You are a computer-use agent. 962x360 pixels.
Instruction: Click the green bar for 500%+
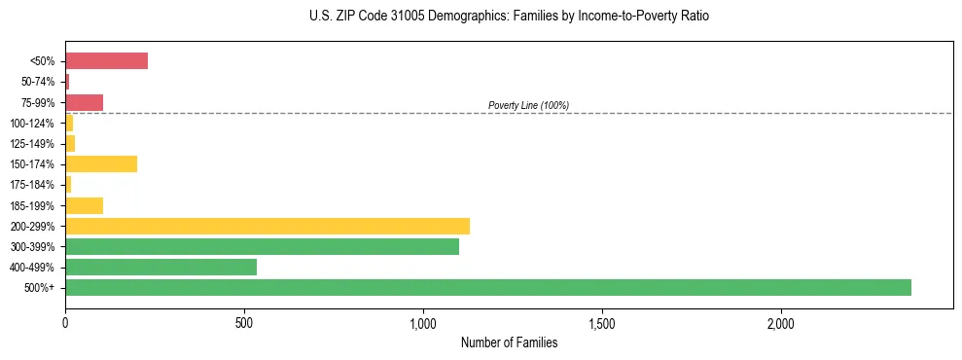pyautogui.click(x=487, y=287)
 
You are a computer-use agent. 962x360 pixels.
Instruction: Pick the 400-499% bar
pyautogui.click(x=160, y=267)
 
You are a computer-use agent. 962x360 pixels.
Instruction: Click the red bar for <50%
pyautogui.click(x=106, y=60)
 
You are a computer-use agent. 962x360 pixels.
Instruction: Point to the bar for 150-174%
pyautogui.click(x=101, y=163)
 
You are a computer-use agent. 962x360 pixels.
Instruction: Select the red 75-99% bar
pyautogui.click(x=84, y=102)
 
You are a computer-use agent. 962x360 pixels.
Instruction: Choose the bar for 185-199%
pyautogui.click(x=84, y=205)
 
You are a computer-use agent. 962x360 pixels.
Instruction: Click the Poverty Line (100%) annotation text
pyautogui.click(x=528, y=105)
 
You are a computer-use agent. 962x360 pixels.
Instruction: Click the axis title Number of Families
pyautogui.click(x=509, y=342)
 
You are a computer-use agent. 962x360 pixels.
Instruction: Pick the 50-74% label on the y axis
pyautogui.click(x=39, y=82)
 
